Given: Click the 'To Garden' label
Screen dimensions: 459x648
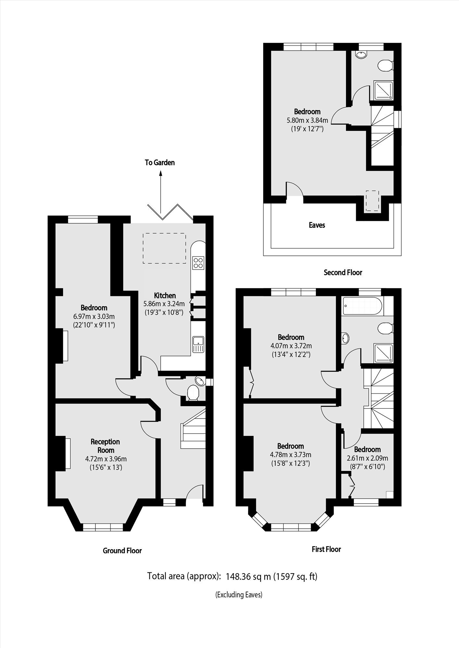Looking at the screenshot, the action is pos(160,162).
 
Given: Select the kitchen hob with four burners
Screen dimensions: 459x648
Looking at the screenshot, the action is pos(198,263).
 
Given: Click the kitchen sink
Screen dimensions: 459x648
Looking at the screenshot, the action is pos(198,344).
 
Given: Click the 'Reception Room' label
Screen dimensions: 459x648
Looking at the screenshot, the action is pos(105,446).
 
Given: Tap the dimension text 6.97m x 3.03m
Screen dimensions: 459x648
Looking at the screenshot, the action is pos(94,316).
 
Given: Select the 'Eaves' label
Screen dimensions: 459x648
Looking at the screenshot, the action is pos(317,225).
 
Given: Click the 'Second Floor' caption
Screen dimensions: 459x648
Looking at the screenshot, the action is pos(343,272).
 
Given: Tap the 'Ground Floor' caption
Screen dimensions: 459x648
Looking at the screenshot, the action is pos(122,550).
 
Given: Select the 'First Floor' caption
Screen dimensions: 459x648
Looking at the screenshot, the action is pos(326,549).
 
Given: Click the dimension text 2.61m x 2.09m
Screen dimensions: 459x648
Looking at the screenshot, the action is pos(367,458).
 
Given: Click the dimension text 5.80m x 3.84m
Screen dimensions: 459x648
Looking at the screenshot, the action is pos(307,120).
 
